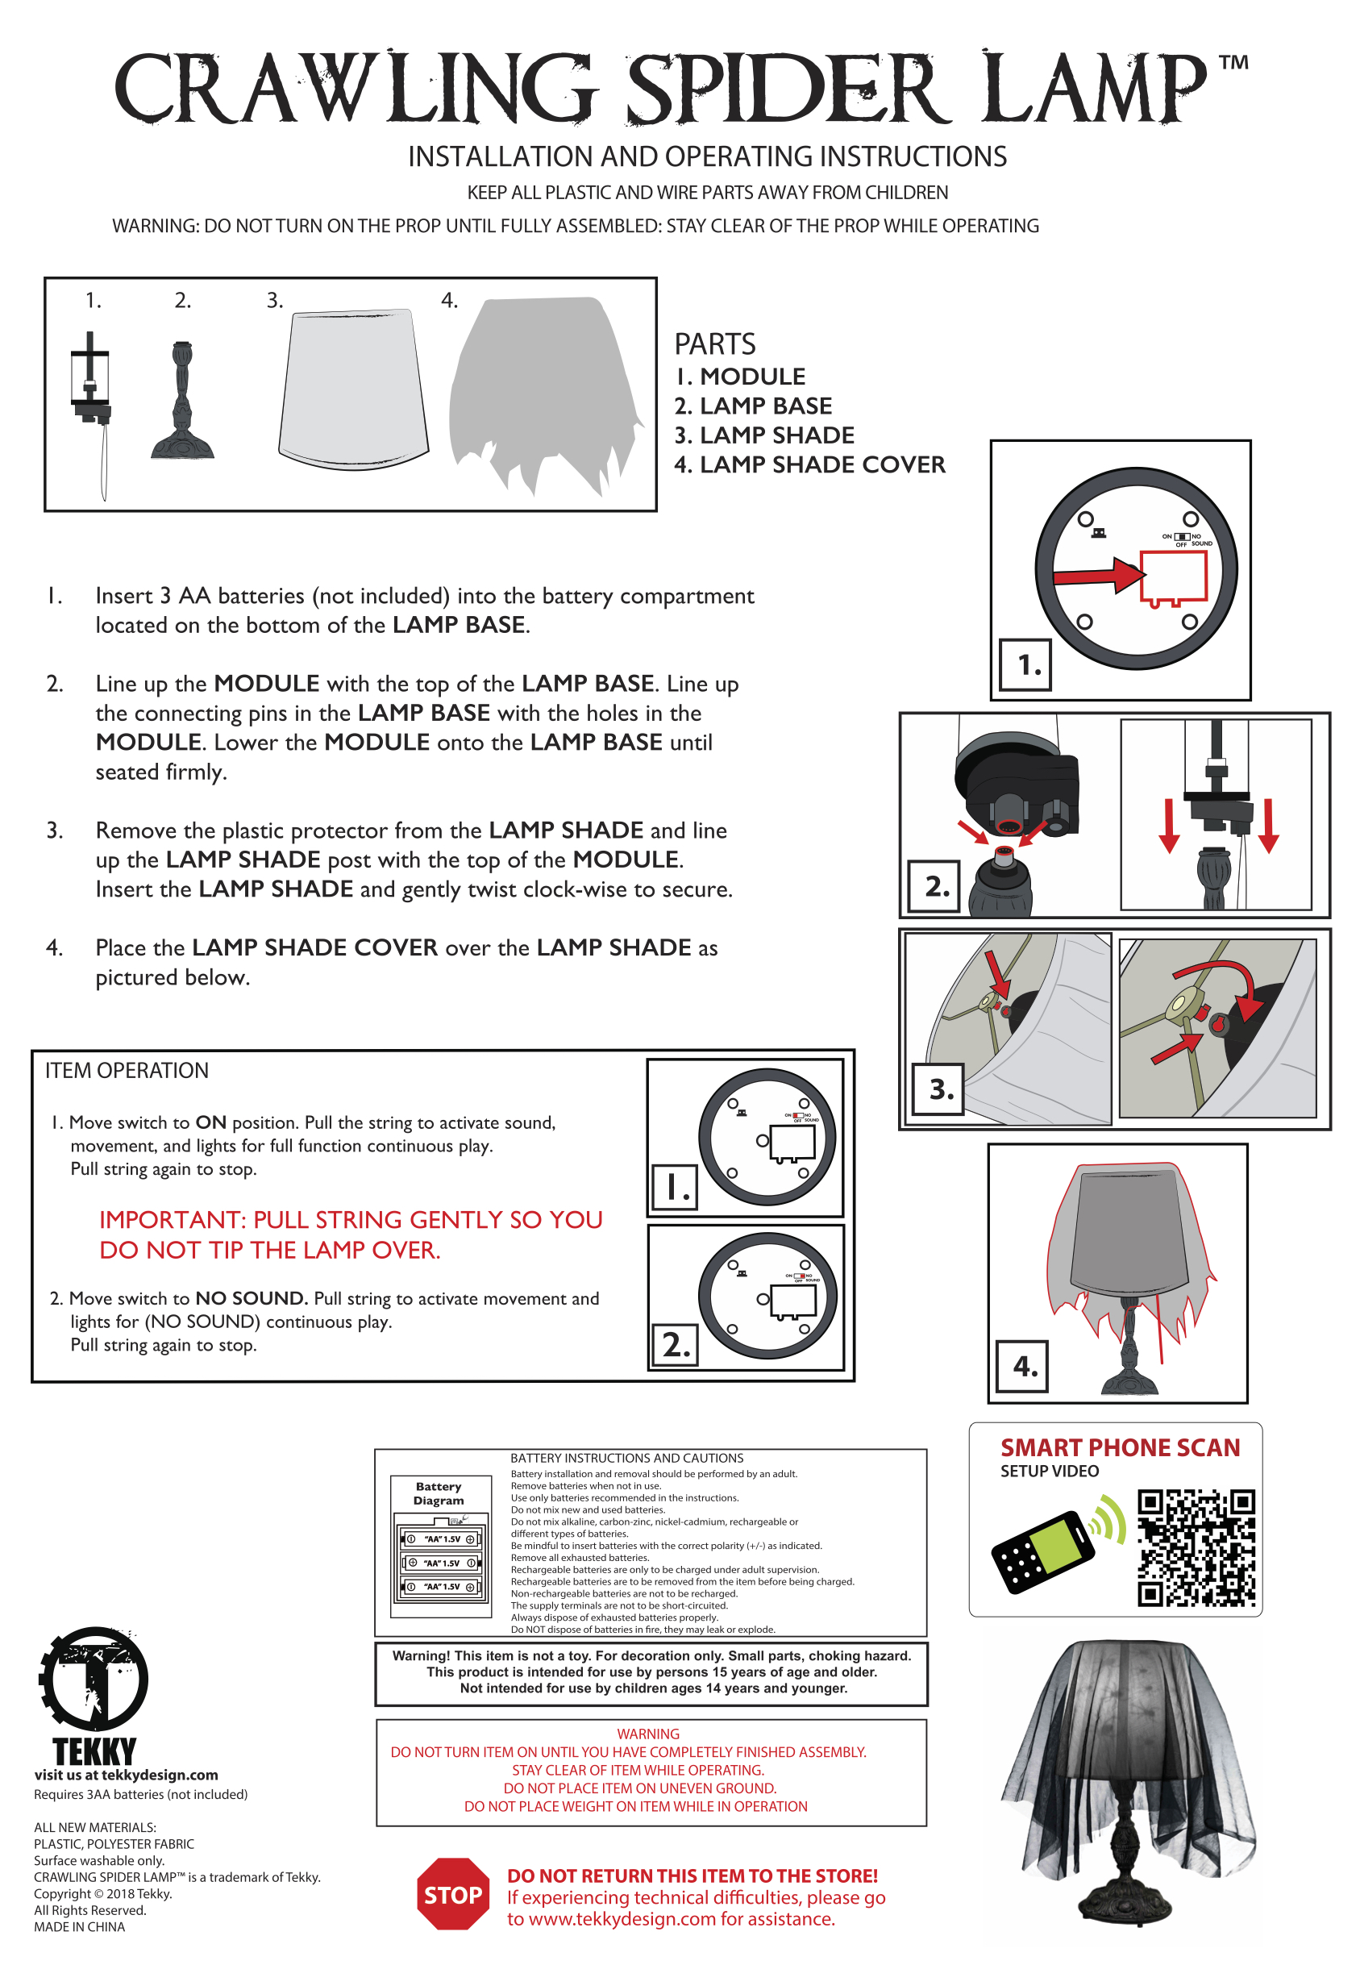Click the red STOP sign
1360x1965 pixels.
pos(452,1893)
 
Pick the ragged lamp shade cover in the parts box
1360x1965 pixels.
pos(543,392)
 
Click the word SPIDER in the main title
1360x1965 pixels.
pos(790,90)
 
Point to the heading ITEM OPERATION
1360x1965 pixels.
pos(127,1070)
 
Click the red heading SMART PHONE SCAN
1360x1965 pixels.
pos(1120,1448)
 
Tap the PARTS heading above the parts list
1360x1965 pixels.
pos(715,344)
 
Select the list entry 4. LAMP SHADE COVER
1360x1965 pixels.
pos(809,464)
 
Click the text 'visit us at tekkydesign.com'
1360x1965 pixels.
pos(126,1775)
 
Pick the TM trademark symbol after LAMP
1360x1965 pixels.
pos(1233,63)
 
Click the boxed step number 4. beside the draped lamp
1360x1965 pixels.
pos(1022,1367)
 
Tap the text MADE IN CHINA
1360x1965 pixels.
pos(79,1926)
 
